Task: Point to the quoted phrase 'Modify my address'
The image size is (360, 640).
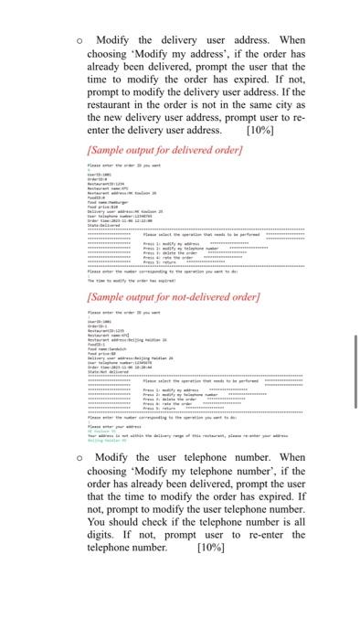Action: [178, 55]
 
